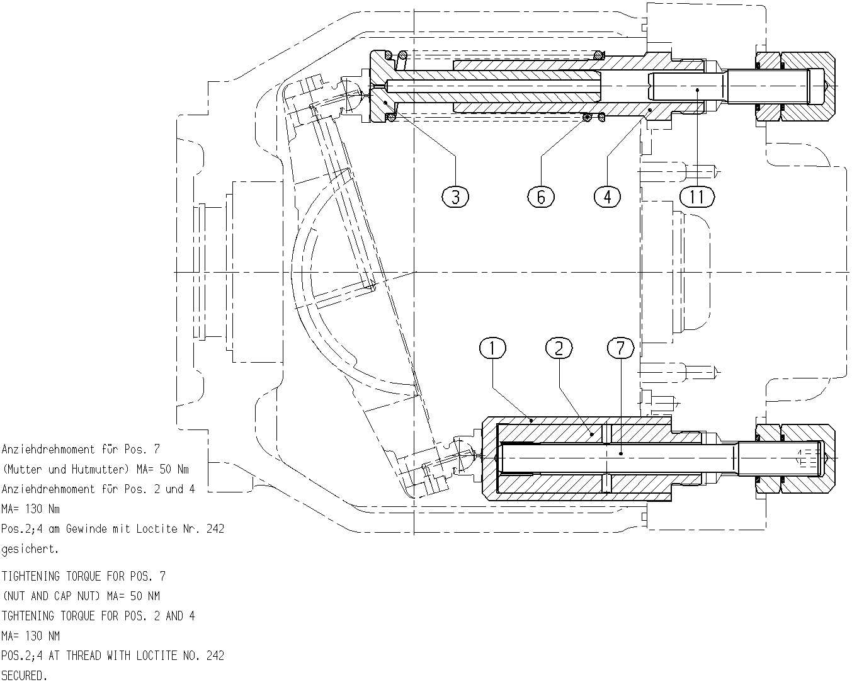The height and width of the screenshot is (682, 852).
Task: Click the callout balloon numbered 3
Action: coord(455,197)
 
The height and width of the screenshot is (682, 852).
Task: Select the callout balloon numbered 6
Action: coord(541,197)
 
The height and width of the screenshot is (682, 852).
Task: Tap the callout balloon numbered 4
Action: coord(607,197)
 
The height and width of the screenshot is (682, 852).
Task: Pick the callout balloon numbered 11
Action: coord(697,197)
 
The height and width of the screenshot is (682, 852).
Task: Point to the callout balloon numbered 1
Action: coord(492,348)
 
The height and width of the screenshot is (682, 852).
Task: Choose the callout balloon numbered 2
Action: coord(559,348)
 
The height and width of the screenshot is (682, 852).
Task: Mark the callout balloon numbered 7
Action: coord(620,348)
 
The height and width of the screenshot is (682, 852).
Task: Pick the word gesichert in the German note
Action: coord(30,549)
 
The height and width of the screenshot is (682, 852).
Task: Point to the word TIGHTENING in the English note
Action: coord(30,576)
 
